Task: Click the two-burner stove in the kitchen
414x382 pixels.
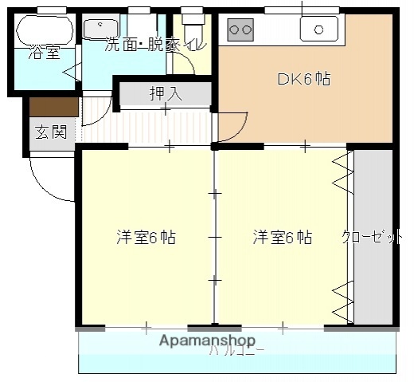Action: click(x=240, y=30)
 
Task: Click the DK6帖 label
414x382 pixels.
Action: click(x=303, y=79)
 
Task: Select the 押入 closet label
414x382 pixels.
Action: click(x=166, y=93)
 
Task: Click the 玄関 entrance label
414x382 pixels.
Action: click(x=50, y=132)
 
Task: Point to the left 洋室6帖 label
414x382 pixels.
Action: click(x=146, y=237)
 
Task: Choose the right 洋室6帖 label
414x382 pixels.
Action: click(x=282, y=237)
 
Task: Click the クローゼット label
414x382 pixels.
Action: click(x=373, y=237)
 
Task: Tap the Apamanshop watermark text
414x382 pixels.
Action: click(x=207, y=341)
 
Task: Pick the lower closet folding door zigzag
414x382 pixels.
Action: click(x=342, y=299)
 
